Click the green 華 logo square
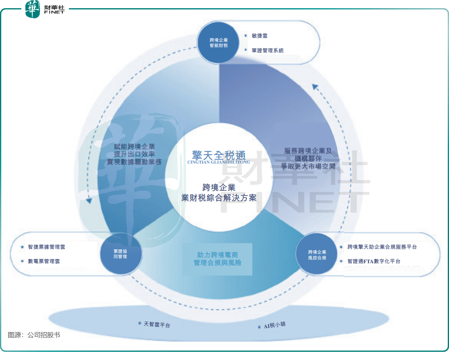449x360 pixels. [x=33, y=9]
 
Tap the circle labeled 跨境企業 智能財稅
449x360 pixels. [x=218, y=43]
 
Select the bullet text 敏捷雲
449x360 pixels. [x=260, y=36]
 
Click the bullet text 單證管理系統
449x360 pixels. [x=268, y=50]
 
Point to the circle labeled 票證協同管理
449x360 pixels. [x=120, y=254]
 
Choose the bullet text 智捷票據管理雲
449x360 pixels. [x=46, y=247]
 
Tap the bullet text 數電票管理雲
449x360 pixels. [x=44, y=261]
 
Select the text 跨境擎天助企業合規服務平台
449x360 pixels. [x=382, y=247]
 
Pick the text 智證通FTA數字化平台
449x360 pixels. [x=374, y=261]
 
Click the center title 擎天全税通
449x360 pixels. [x=219, y=155]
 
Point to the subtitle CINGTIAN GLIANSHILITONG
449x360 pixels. [x=219, y=162]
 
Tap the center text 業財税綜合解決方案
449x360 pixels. [x=219, y=198]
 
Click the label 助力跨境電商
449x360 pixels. [x=218, y=255]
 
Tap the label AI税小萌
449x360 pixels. [x=274, y=326]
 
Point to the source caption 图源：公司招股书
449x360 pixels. [x=34, y=335]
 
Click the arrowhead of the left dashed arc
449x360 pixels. [x=88, y=201]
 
